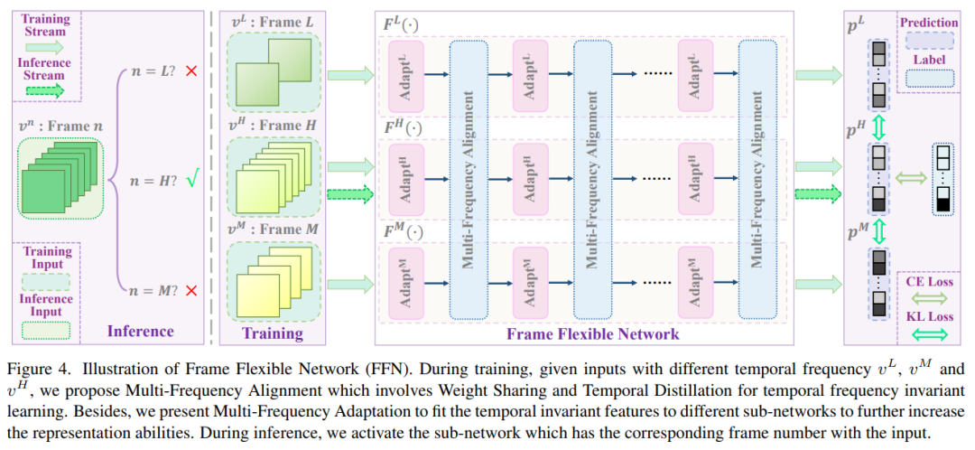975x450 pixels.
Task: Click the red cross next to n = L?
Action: [190, 70]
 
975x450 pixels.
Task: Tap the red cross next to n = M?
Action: [190, 291]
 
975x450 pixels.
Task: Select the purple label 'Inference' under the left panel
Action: [140, 332]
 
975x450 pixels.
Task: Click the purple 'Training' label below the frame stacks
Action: [273, 333]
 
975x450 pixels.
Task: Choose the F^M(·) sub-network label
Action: [404, 231]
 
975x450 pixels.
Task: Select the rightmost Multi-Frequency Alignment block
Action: [756, 180]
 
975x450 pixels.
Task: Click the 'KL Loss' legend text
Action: [930, 317]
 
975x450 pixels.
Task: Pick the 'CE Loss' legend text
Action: [930, 281]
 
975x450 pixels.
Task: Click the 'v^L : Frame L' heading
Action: [270, 21]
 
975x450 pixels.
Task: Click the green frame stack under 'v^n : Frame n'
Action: [59, 179]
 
